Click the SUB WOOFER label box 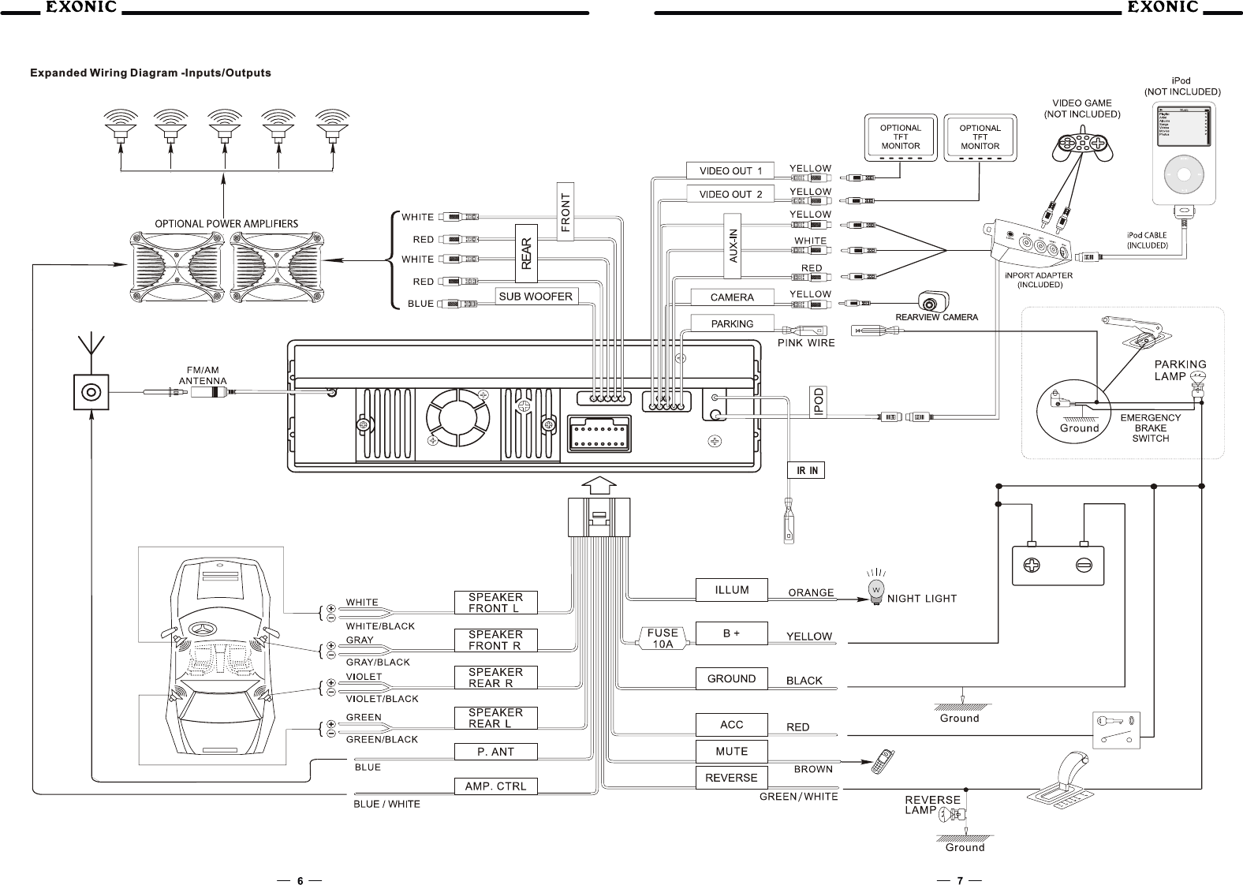tap(536, 297)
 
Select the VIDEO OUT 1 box tap(730, 170)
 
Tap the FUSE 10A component tap(663, 638)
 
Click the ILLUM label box tap(732, 589)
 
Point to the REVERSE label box tap(731, 777)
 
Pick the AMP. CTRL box tap(495, 786)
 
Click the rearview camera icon tap(932, 302)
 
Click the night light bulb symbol tap(875, 591)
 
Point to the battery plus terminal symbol tap(1032, 566)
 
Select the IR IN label tap(807, 471)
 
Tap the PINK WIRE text tap(806, 343)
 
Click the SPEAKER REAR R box tap(495, 678)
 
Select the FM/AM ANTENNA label tap(203, 375)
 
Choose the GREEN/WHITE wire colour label tap(798, 797)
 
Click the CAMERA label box tap(732, 297)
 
